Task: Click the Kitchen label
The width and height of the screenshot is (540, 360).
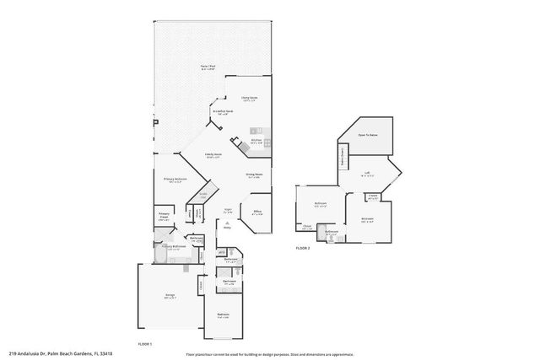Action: click(256, 142)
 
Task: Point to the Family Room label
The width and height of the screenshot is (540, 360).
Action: click(213, 155)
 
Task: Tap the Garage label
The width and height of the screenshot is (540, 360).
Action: click(170, 296)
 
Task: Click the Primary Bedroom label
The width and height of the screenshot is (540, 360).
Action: click(175, 180)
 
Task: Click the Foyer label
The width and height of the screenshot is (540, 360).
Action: click(227, 211)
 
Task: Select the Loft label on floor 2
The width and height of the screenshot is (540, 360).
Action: click(368, 175)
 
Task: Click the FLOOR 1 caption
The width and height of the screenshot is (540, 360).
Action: click(144, 344)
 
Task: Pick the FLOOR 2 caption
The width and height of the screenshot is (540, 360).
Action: click(303, 248)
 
